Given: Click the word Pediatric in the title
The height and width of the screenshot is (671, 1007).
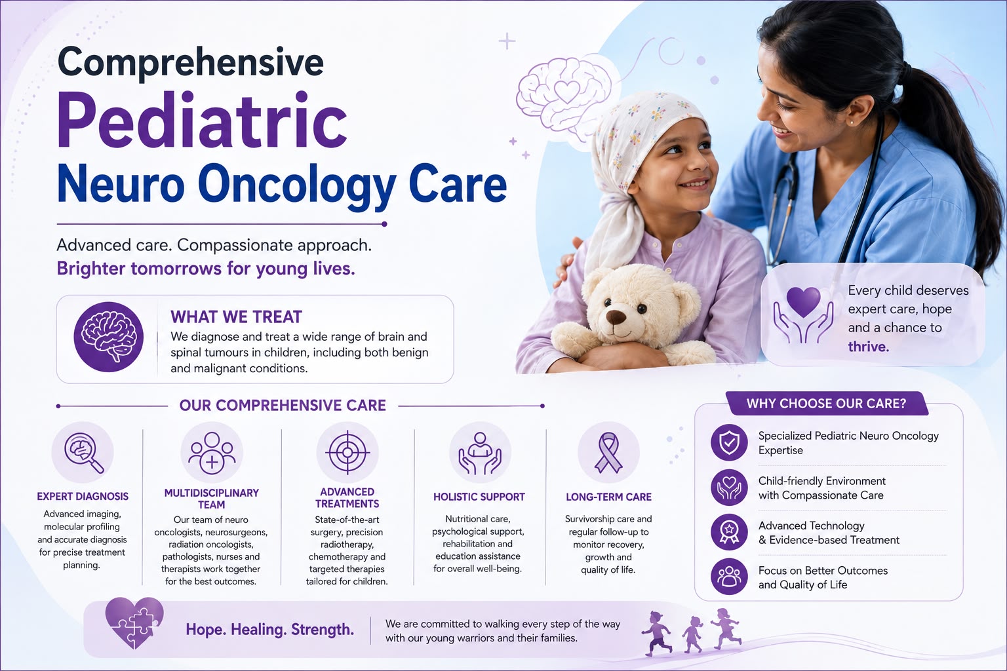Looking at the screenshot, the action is click(x=203, y=120).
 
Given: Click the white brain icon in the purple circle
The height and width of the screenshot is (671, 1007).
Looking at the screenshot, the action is click(x=108, y=337).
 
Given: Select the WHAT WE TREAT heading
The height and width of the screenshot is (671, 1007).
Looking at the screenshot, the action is click(x=236, y=317).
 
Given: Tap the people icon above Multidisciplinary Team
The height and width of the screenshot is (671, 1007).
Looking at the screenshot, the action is click(x=212, y=453).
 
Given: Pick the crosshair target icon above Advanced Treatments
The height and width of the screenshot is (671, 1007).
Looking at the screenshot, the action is click(x=347, y=452).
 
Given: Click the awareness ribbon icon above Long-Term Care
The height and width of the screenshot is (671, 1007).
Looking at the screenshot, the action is click(x=608, y=452).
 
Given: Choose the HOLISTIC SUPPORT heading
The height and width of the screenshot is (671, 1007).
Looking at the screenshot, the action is click(x=479, y=497).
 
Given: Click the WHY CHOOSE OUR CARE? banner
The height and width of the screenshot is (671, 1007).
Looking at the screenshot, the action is click(x=826, y=403).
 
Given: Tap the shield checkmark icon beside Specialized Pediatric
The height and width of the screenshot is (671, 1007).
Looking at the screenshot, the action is click(x=729, y=442).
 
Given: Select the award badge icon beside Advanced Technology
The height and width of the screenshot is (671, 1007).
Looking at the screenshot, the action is click(x=729, y=532).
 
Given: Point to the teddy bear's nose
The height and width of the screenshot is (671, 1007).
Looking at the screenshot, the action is click(x=616, y=317).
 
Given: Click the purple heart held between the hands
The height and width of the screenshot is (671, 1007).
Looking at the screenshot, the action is click(x=803, y=302).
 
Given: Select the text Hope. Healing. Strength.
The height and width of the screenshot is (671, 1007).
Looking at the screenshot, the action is click(x=269, y=630).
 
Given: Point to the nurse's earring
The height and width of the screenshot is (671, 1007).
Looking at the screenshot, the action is click(x=852, y=122).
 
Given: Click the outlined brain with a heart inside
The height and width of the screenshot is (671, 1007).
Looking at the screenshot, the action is click(x=564, y=95).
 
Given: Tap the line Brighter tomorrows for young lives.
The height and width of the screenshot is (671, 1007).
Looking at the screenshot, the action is click(x=206, y=269).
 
